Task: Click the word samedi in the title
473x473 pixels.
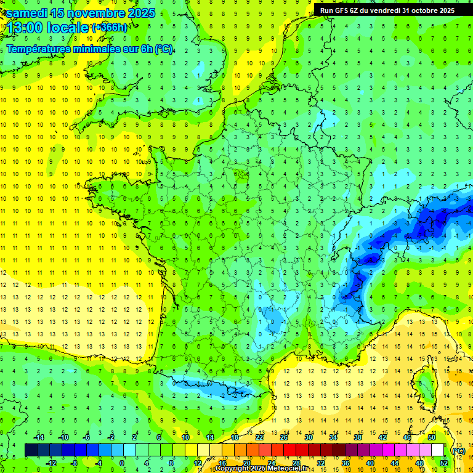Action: click(x=28, y=13)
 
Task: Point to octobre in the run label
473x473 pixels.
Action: click(x=426, y=10)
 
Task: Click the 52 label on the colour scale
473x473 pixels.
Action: click(x=443, y=463)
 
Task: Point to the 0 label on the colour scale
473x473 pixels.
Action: click(x=122, y=463)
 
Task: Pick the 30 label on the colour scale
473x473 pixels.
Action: click(x=308, y=437)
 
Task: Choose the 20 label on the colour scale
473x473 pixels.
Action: click(x=246, y=463)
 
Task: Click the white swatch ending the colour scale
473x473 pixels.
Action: click(x=437, y=450)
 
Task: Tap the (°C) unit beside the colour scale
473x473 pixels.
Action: click(x=458, y=450)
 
